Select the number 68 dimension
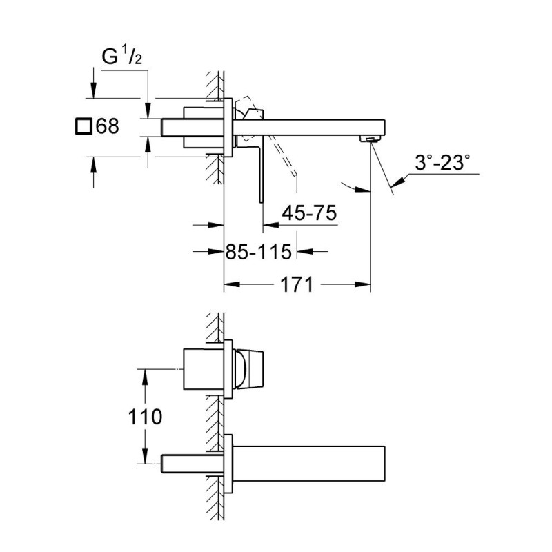click(x=107, y=126)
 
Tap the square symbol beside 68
click(x=83, y=126)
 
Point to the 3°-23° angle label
click(x=442, y=163)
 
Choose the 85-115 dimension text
click(x=259, y=252)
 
